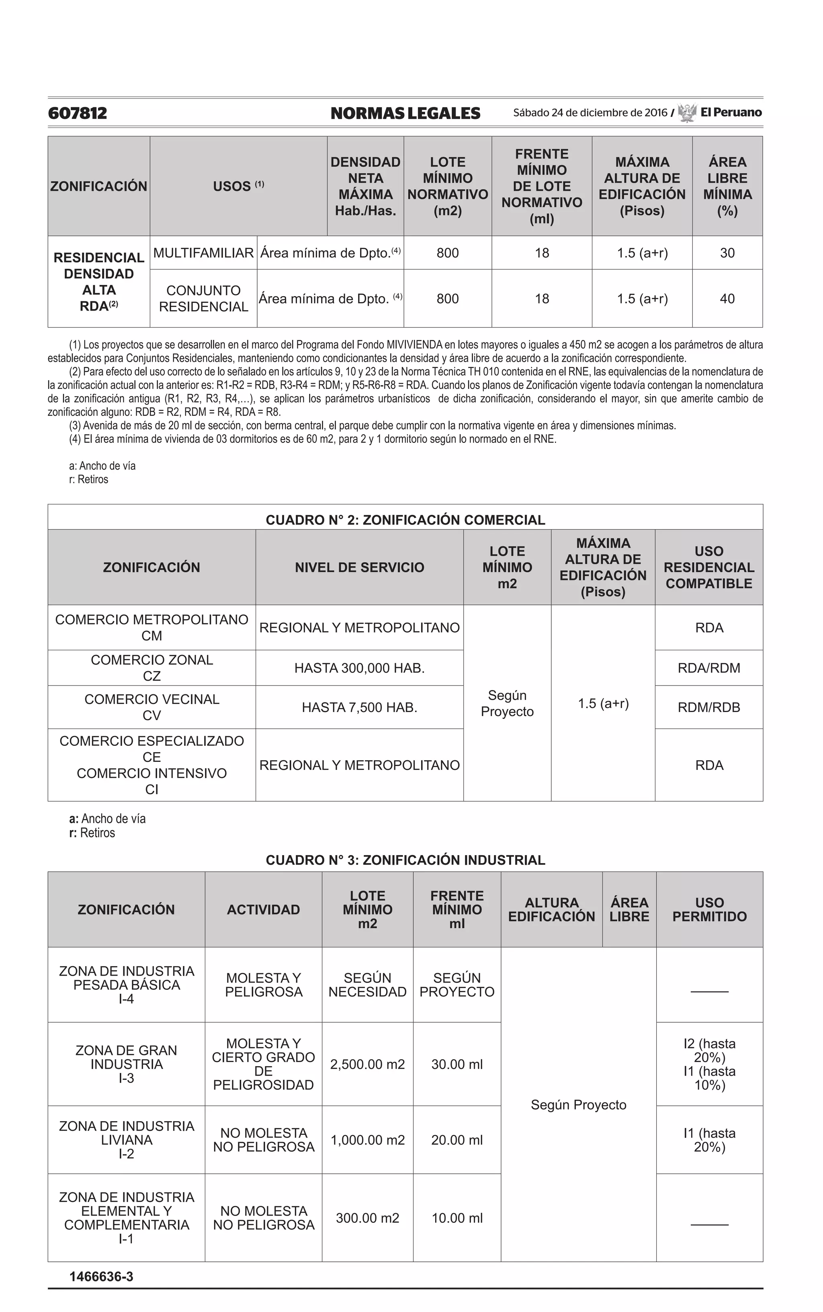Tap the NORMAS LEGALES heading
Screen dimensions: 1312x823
405,113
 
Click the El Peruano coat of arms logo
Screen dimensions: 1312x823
688,113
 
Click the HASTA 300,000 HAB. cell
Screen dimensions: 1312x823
359,668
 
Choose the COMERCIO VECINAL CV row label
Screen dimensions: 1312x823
151,707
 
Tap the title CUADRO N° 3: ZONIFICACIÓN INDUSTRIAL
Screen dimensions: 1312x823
405,860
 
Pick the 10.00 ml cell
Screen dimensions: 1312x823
456,1218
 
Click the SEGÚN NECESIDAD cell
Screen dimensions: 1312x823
367,985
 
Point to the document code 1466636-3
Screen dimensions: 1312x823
101,1277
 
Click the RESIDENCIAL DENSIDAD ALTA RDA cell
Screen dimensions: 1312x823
98,281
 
